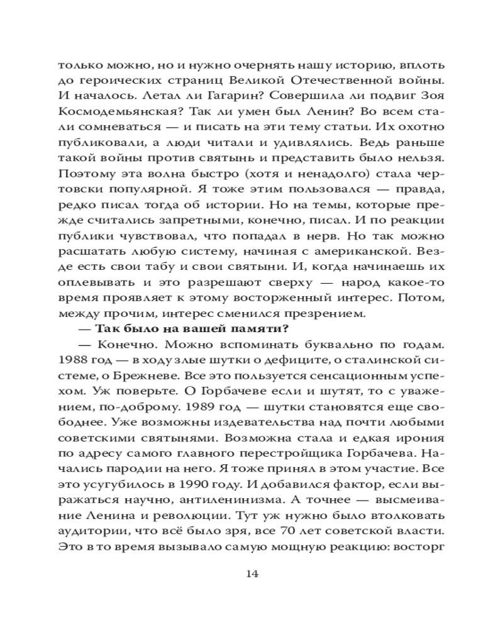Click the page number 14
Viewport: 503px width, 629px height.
click(x=251, y=573)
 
